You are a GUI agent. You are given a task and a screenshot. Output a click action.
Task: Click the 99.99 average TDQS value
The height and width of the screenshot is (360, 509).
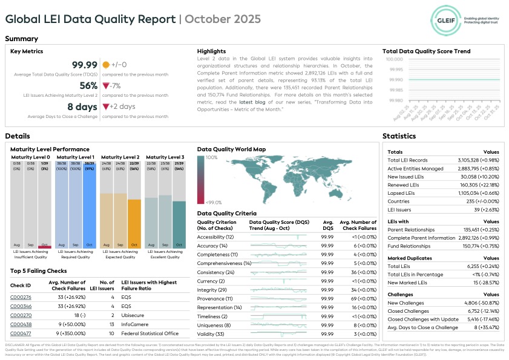(85, 65)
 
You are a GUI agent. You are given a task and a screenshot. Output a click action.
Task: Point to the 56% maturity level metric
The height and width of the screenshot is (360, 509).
(88, 86)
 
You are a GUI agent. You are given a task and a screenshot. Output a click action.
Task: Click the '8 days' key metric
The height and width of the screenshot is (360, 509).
(82, 107)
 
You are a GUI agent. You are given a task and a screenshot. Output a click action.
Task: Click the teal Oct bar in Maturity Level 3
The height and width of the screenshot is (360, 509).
(179, 221)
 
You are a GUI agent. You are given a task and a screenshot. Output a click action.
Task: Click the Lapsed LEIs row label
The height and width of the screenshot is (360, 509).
(401, 192)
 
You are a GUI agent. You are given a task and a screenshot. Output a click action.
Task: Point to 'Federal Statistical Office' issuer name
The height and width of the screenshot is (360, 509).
(150, 333)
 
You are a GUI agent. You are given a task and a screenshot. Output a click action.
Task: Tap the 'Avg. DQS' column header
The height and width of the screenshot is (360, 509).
(327, 225)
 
